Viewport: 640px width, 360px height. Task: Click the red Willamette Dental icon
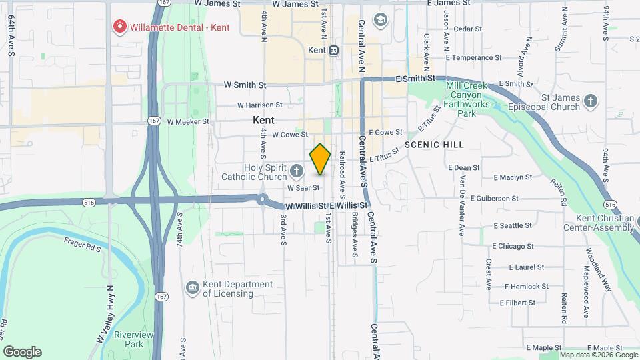[x=119, y=27]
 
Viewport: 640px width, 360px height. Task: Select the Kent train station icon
[x=334, y=50]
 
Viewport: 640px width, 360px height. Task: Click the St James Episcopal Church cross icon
[x=589, y=102]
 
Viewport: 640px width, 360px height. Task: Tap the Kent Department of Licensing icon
[x=193, y=288]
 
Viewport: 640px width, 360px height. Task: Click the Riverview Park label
[x=129, y=339]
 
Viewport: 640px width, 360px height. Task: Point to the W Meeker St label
[x=188, y=122]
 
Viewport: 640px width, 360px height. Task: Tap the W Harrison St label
[x=260, y=105]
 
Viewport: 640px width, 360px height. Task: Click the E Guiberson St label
[x=494, y=199]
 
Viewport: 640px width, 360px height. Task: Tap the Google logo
[x=22, y=351]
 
